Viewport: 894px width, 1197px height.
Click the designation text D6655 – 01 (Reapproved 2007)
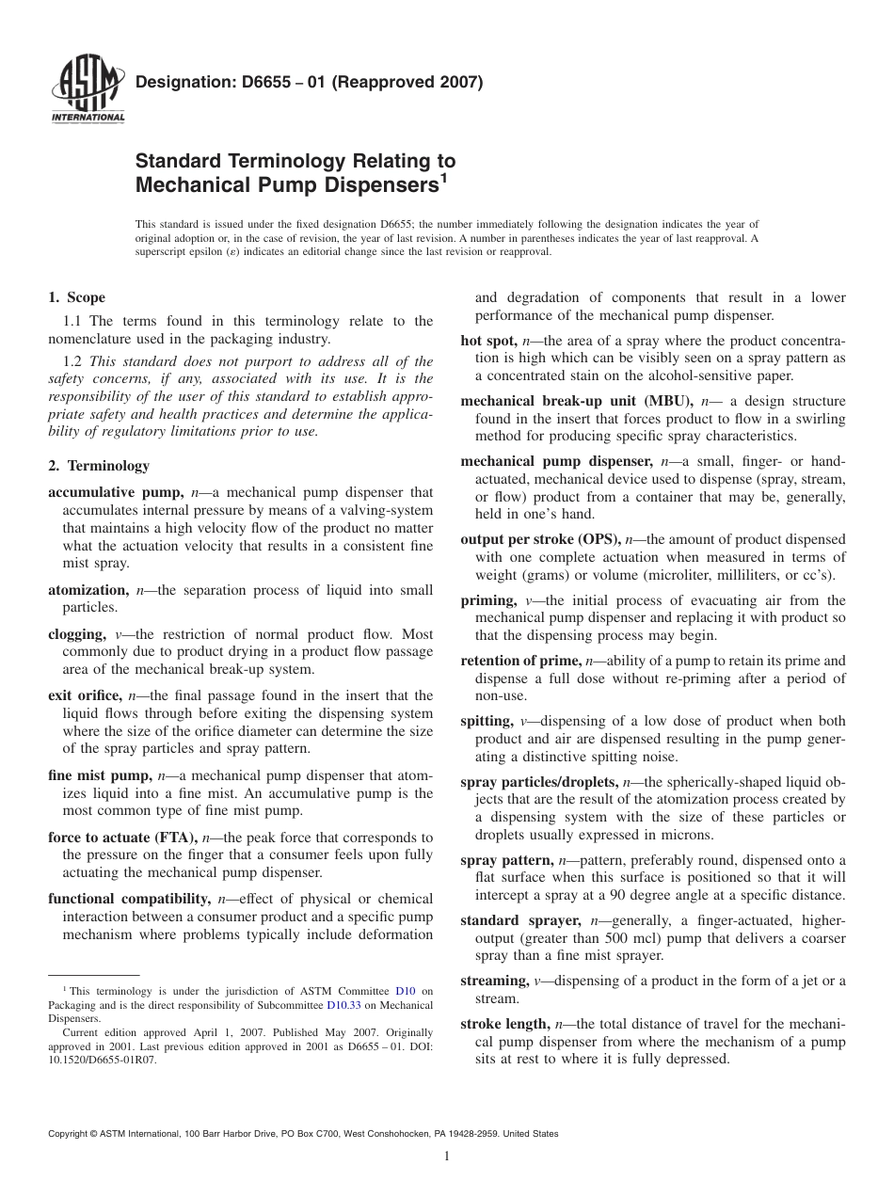coord(310,82)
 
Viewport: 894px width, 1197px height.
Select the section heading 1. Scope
coord(77,298)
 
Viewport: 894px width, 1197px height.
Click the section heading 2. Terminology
coord(99,466)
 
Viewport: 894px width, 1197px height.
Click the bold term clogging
coord(76,634)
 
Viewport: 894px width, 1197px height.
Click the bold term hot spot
coord(487,341)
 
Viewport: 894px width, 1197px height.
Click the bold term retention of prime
coord(520,661)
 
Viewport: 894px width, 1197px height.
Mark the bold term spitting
coord(486,721)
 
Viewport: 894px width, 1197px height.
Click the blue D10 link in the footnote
coord(405,991)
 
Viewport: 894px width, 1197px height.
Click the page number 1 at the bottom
coord(447,1157)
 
